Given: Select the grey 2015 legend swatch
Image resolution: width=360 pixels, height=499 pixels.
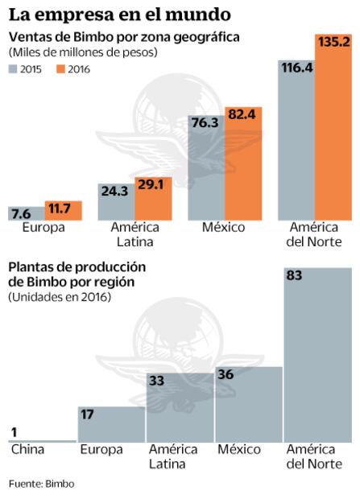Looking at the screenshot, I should tap(14, 69).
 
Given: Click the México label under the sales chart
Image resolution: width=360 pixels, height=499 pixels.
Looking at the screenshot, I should tap(223, 228).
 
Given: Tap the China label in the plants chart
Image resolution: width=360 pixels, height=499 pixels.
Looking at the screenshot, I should tap(28, 449).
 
